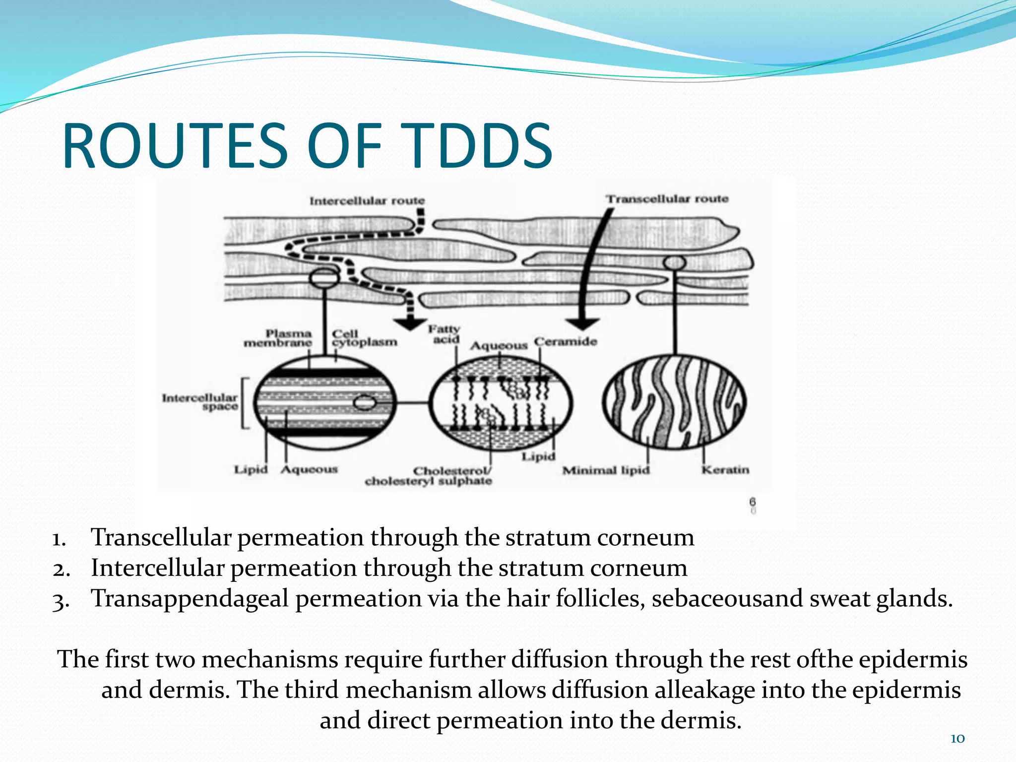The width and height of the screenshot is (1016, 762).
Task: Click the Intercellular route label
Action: (x=367, y=201)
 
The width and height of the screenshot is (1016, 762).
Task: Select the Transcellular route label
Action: (x=667, y=199)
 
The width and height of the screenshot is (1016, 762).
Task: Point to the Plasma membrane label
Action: (x=278, y=338)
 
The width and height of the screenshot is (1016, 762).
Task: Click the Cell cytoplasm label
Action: (x=364, y=338)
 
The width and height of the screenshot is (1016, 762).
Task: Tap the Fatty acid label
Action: (x=444, y=334)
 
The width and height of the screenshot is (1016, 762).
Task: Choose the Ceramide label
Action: (x=566, y=341)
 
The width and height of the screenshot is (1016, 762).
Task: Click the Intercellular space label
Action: (x=200, y=402)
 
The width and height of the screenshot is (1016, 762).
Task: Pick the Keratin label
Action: (x=725, y=469)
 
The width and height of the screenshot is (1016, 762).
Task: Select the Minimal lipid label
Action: (x=606, y=470)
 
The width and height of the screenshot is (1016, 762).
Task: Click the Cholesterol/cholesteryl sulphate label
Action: (x=429, y=476)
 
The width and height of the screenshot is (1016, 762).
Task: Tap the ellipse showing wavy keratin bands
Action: (x=674, y=402)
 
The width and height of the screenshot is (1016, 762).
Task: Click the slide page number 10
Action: (x=957, y=739)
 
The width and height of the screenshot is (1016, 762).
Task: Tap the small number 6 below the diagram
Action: (x=753, y=503)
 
